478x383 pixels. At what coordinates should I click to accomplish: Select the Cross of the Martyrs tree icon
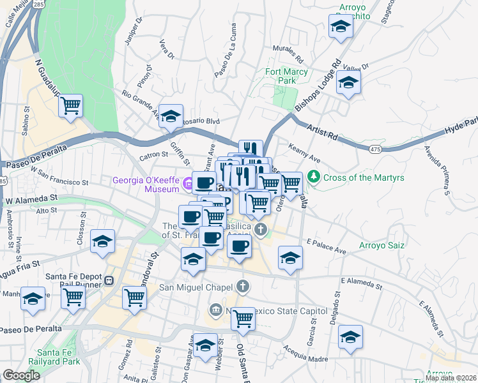(x=313, y=176)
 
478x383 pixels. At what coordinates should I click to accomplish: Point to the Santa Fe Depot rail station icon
(x=109, y=280)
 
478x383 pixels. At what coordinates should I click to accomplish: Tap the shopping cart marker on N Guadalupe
(x=71, y=105)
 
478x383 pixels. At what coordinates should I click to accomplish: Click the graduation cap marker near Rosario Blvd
(x=171, y=116)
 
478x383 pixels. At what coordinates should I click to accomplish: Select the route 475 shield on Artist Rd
(x=375, y=149)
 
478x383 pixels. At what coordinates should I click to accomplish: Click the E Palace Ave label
(x=326, y=247)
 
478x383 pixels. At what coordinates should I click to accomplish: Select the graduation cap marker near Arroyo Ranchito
(x=341, y=27)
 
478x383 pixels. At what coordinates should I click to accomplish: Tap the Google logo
(x=21, y=375)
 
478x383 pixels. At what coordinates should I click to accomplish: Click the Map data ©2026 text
(x=451, y=378)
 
